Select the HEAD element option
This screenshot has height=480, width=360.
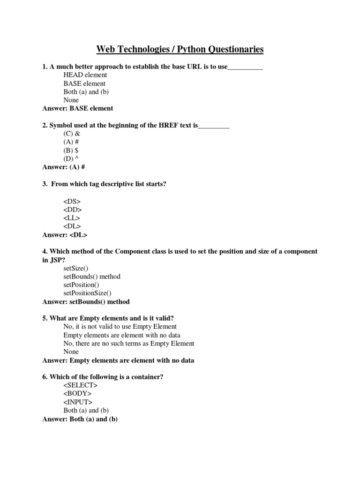pos(85,75)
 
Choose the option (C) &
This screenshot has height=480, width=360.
pos(72,134)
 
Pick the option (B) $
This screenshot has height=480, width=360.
pos(71,150)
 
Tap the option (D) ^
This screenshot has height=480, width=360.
pos(71,159)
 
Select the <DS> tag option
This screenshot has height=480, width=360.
pos(72,201)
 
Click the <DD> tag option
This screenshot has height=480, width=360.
pos(72,210)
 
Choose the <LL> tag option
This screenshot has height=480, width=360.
pos(72,218)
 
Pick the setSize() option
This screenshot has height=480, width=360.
pos(75,268)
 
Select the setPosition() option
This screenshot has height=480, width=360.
pos(81,285)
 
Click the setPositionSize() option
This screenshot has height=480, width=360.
pos(87,293)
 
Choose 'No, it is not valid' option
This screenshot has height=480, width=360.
pos(120,326)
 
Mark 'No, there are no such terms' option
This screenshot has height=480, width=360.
pos(128,343)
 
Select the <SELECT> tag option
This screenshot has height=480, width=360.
pos(81,385)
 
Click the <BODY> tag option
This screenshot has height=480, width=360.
pos(77,394)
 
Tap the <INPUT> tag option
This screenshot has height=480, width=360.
pos(78,402)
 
